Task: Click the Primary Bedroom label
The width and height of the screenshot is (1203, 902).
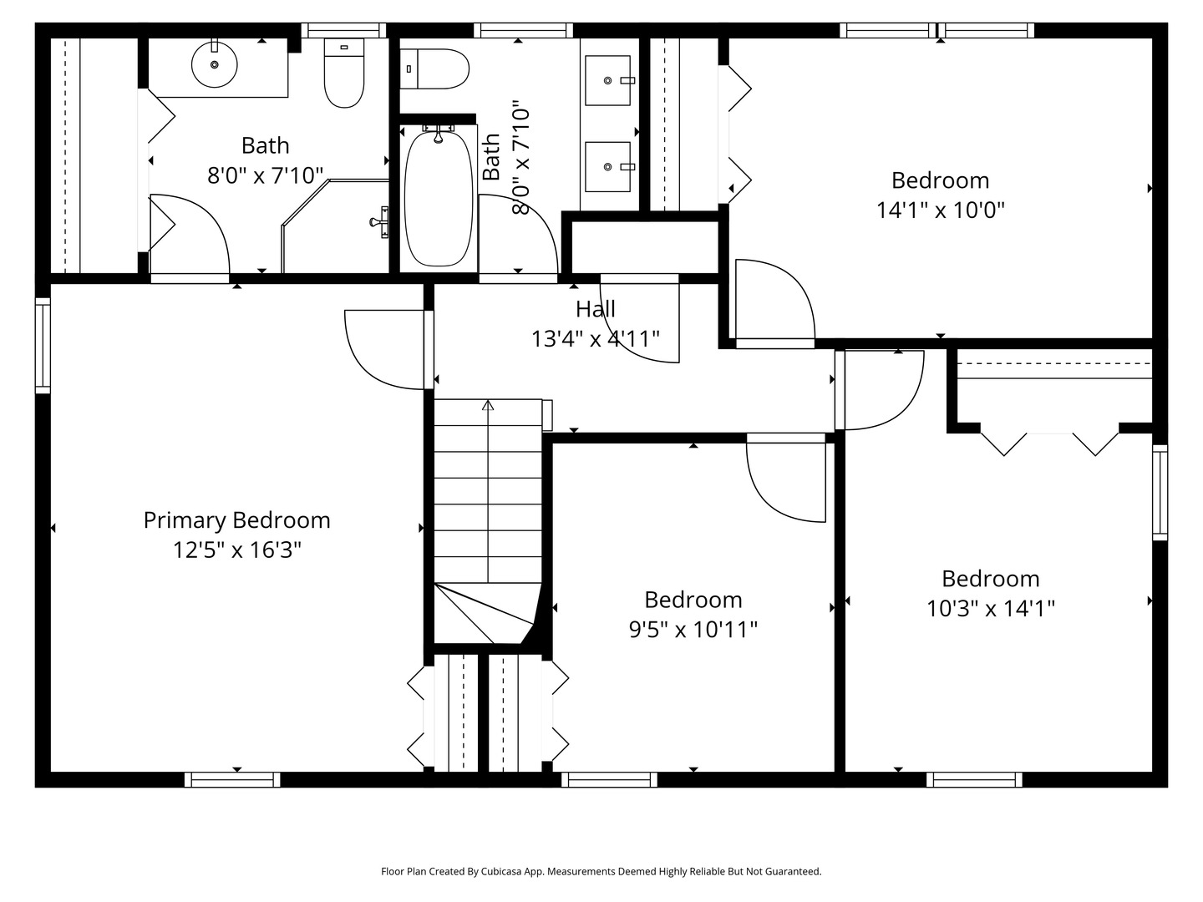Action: [236, 520]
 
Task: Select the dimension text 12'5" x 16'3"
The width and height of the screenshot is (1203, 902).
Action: [236, 550]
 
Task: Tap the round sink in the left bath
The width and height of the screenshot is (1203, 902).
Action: [215, 64]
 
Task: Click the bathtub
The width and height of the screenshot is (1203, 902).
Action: [437, 197]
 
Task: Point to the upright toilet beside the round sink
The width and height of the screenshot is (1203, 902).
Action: [344, 73]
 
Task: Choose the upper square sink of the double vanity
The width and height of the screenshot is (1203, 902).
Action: [607, 80]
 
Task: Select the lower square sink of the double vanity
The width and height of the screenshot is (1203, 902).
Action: [607, 167]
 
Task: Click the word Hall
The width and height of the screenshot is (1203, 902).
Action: [595, 309]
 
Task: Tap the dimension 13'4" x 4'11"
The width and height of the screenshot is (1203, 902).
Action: [595, 338]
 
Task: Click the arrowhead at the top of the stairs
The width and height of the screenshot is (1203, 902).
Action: [488, 406]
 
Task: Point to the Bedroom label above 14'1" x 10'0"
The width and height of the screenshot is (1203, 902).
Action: [940, 180]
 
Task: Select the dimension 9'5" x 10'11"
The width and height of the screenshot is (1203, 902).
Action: [693, 629]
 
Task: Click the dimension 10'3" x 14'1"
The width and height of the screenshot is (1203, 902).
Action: [990, 608]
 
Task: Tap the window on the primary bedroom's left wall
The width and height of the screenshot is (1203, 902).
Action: [43, 345]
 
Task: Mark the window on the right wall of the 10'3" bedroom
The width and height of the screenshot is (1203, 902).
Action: [1160, 492]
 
